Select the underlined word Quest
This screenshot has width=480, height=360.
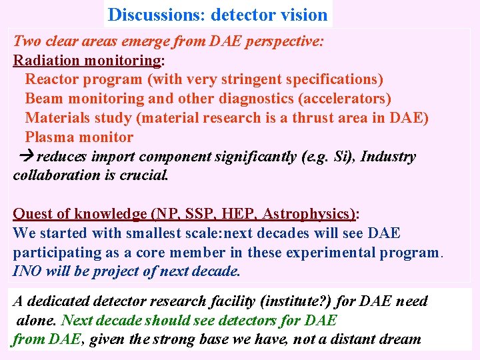pyautogui.click(x=33, y=214)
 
